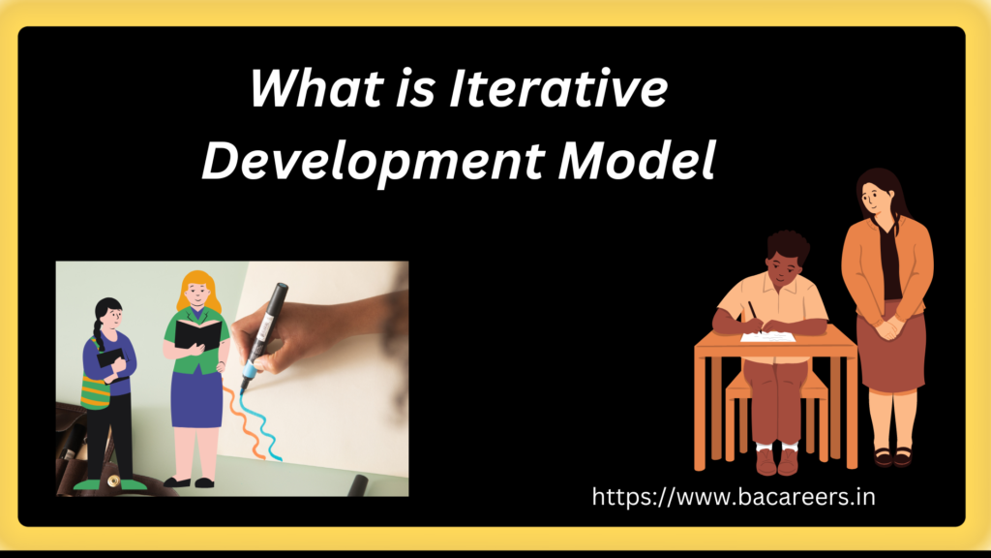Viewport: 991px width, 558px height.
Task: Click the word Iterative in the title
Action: coord(558,88)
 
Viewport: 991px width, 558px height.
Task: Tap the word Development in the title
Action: coord(373,162)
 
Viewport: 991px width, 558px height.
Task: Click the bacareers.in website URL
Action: coord(734,497)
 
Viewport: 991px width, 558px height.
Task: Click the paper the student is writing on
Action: coord(767,336)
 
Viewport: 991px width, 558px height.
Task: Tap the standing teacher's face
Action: coord(874,198)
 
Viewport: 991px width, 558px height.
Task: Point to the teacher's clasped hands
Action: coord(886,327)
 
